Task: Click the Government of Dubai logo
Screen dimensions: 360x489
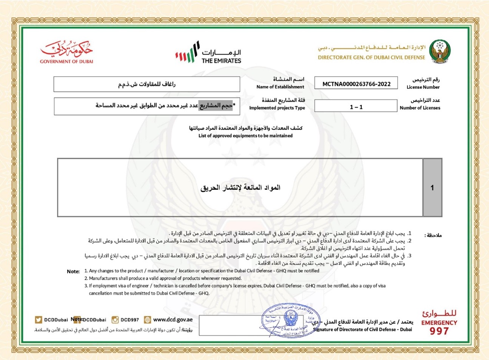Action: [x=66, y=52]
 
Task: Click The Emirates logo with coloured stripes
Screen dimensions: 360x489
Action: [x=208, y=53]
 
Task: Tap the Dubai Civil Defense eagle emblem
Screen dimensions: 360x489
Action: [x=440, y=51]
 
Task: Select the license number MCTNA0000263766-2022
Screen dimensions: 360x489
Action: [x=356, y=84]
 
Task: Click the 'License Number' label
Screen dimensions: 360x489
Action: [x=423, y=87]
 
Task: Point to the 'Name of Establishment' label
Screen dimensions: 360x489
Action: [x=280, y=87]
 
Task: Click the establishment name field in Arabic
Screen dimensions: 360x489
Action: [x=147, y=84]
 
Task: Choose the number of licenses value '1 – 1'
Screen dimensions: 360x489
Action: [x=356, y=107]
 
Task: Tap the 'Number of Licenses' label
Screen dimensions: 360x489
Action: [x=420, y=108]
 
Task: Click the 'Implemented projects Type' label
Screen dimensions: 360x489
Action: [x=277, y=108]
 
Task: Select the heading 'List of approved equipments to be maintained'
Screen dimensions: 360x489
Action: [x=245, y=135]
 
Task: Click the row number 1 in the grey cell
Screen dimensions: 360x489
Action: [x=432, y=188]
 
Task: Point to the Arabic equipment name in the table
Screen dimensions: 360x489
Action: [x=240, y=188]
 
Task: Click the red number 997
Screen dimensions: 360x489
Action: [x=439, y=331]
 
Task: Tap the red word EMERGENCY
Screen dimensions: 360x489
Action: [x=439, y=323]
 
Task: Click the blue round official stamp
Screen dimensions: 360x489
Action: [x=290, y=320]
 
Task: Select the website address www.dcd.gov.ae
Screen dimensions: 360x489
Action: [x=173, y=320]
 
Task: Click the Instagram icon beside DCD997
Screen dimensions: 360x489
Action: [x=115, y=320]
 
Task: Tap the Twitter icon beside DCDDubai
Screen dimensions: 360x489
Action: [x=38, y=320]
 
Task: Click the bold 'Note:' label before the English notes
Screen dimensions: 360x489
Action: [x=73, y=271]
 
